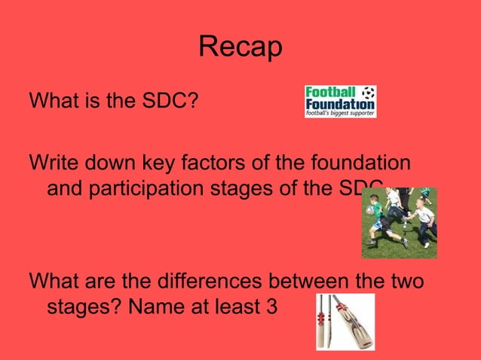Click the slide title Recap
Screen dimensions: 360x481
(240, 47)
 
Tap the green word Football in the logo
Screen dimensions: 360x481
(329, 92)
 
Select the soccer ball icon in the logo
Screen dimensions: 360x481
(367, 92)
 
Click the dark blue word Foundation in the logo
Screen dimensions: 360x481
(340, 102)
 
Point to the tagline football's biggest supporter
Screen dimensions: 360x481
(340, 113)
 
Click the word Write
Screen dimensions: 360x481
(50, 162)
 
